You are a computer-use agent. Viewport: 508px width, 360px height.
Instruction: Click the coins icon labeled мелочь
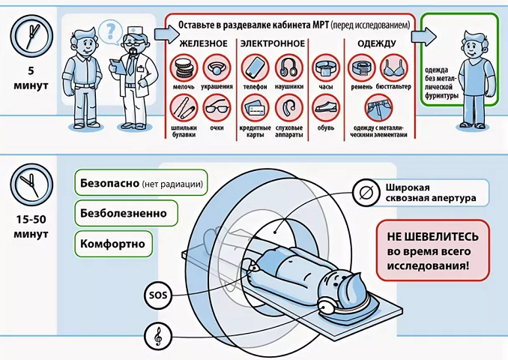tap(184, 68)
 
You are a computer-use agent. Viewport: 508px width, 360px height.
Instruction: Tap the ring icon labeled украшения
tap(217, 68)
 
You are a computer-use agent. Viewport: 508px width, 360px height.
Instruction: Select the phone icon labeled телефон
tap(255, 68)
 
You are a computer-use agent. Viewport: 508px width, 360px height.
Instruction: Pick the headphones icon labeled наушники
tap(288, 68)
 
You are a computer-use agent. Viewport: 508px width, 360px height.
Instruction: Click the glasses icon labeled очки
tap(217, 108)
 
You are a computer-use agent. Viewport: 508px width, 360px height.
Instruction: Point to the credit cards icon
tap(255, 108)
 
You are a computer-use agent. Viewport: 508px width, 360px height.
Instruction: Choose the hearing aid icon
tap(288, 108)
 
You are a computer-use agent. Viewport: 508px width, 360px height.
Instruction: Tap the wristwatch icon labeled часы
tap(326, 68)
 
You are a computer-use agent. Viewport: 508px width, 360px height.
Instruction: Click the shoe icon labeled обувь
tap(326, 108)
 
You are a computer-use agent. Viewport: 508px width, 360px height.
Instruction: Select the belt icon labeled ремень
tap(362, 68)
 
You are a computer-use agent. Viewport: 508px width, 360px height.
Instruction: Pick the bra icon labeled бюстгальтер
tap(393, 68)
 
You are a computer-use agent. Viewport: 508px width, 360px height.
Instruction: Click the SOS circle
tap(158, 295)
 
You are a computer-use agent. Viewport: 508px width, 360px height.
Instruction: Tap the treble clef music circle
tap(158, 336)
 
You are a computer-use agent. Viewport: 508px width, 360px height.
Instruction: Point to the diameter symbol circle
tap(366, 193)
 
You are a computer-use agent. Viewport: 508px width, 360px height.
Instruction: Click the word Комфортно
tap(112, 244)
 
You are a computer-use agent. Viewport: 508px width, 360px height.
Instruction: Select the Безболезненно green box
tap(126, 213)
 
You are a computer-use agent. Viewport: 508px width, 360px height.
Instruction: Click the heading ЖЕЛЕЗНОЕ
tap(204, 43)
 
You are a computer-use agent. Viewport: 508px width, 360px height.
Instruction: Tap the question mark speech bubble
tap(110, 32)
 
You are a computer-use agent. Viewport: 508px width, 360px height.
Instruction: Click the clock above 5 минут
tap(31, 36)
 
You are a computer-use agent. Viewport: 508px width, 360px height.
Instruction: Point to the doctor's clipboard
tap(117, 67)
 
